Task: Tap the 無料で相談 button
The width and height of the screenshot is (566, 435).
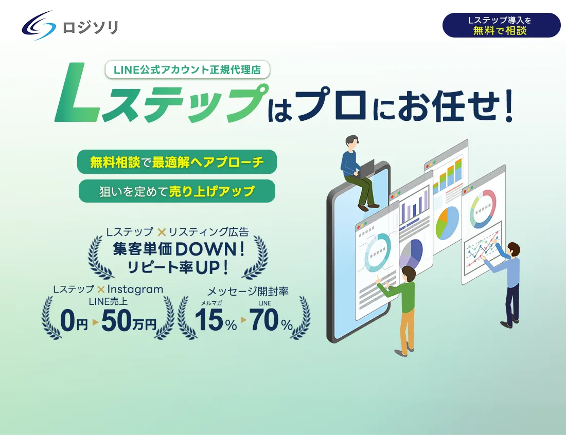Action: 501,25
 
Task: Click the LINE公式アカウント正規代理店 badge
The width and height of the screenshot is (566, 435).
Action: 187,69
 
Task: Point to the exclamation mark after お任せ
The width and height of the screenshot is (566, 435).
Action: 509,106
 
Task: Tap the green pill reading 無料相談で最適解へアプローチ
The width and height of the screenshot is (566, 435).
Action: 177,162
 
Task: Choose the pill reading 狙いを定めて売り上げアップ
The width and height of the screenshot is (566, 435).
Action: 177,191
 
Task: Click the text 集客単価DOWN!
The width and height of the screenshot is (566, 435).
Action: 179,249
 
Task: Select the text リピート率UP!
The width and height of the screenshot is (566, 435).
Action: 178,267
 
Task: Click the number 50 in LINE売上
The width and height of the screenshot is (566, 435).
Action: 116,321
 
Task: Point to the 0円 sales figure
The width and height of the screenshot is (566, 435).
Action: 74,321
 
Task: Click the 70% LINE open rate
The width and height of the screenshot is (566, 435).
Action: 271,320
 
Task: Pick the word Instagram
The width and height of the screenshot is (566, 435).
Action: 135,289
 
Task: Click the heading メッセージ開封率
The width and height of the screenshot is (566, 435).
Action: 247,291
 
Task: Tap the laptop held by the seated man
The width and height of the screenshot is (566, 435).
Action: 365,169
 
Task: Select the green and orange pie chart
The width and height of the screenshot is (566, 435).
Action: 447,223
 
